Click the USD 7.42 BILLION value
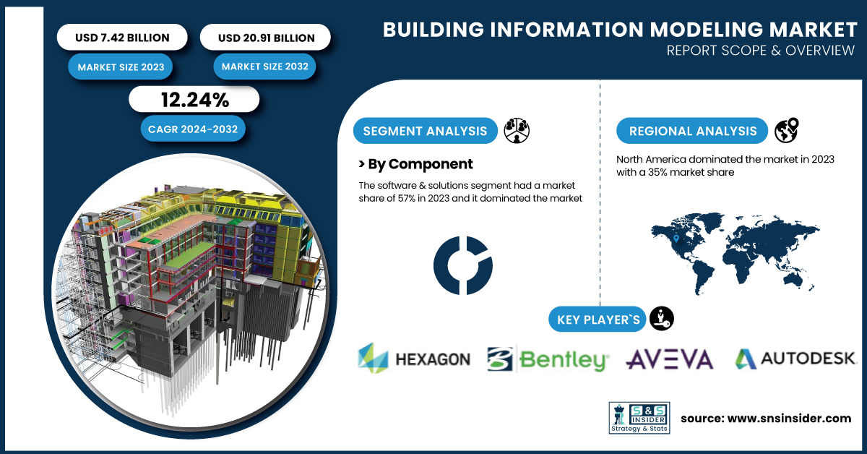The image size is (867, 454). (122, 38)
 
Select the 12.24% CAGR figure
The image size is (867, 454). (194, 100)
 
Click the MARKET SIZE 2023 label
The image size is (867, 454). (121, 67)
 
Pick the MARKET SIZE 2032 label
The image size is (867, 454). (265, 67)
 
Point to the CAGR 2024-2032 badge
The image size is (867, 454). (193, 129)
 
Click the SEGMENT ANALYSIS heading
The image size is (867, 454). (425, 131)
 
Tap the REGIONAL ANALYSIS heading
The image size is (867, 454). (693, 131)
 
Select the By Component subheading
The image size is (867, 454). (415, 164)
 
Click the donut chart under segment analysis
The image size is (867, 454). (463, 265)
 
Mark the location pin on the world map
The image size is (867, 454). (676, 239)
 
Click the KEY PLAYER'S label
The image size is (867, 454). (598, 319)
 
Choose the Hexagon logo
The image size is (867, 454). (414, 359)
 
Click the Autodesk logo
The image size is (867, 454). (795, 358)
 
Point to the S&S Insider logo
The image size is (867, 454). (639, 417)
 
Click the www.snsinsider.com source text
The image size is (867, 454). (766, 418)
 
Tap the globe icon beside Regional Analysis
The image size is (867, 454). (786, 131)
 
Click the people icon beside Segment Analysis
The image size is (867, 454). (517, 131)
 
